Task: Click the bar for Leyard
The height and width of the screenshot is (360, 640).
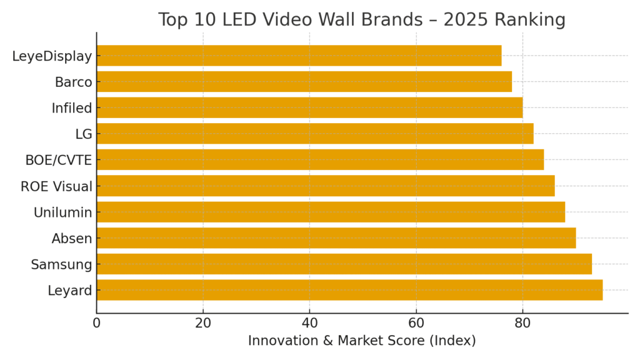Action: [349, 290]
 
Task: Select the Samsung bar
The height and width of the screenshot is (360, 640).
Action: [344, 264]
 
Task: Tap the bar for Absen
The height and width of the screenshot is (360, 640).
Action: [336, 238]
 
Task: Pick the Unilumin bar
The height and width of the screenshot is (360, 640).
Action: [331, 212]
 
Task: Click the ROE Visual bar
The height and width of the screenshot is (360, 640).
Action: [326, 186]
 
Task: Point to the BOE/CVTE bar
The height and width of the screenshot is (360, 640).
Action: [320, 160]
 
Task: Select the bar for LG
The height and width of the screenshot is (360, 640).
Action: [315, 134]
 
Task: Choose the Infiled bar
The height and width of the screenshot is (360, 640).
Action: [309, 107]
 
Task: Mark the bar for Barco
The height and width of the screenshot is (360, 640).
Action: [304, 82]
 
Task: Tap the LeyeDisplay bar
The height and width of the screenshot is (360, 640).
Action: [299, 56]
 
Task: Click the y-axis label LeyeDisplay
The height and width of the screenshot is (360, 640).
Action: [52, 56]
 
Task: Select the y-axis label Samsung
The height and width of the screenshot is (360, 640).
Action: [61, 264]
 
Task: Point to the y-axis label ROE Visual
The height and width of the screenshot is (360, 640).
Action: [56, 186]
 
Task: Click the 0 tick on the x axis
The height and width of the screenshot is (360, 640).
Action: [97, 323]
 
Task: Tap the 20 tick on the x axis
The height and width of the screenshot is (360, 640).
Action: [203, 323]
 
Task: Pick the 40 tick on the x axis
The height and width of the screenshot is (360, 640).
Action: [309, 323]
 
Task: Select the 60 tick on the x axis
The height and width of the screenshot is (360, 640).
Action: [416, 323]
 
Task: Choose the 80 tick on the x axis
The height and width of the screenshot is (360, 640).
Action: [522, 323]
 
